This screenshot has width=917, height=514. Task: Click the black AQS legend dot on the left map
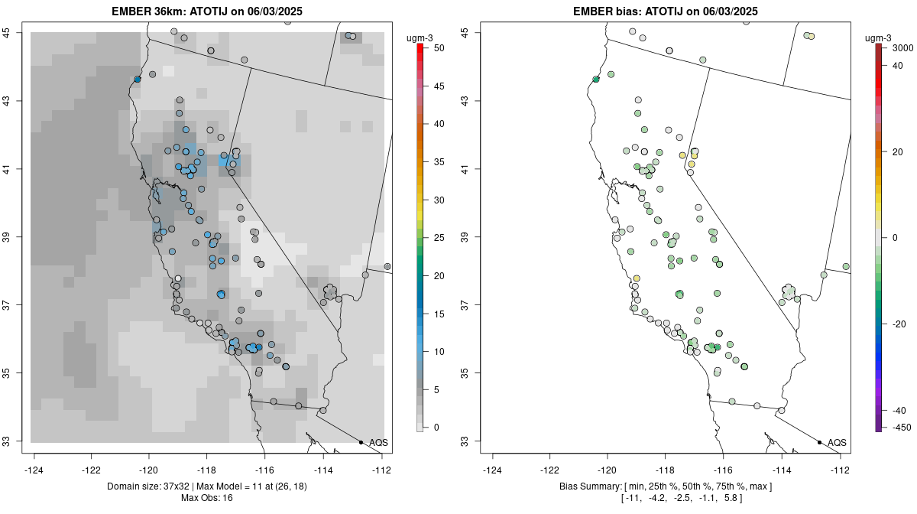tap(361, 442)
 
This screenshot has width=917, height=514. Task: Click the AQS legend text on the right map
tap(837, 442)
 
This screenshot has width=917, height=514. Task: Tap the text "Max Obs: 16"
tap(207, 498)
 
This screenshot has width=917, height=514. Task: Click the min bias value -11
tap(629, 498)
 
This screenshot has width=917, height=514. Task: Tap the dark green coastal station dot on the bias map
tap(596, 79)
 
